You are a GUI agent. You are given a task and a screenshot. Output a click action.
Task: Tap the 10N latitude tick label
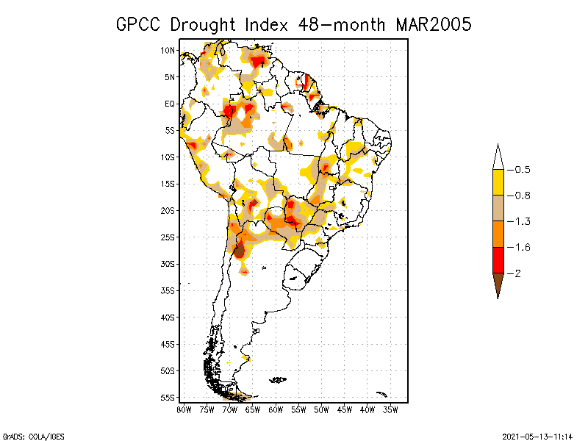pyautogui.click(x=168, y=51)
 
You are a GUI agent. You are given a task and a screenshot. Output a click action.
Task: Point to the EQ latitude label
pyautogui.click(x=170, y=104)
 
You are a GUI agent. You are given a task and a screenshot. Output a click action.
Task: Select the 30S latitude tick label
pyautogui.click(x=168, y=264)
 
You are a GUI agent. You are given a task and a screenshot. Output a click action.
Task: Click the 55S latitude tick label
pyautogui.click(x=168, y=397)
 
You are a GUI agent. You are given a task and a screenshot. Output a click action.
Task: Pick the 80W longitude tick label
pyautogui.click(x=184, y=409)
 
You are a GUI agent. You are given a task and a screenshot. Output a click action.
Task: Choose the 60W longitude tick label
pyautogui.click(x=276, y=409)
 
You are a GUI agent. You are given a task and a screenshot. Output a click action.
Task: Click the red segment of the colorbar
pyautogui.click(x=498, y=260)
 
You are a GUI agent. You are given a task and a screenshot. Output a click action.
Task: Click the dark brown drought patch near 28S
pyautogui.click(x=239, y=250)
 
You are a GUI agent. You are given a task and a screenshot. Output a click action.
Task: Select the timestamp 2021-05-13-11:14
pyautogui.click(x=537, y=435)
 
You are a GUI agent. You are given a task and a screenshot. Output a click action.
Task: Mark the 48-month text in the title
pyautogui.click(x=340, y=24)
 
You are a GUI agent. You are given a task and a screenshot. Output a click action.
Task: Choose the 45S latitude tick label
pyautogui.click(x=168, y=344)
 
